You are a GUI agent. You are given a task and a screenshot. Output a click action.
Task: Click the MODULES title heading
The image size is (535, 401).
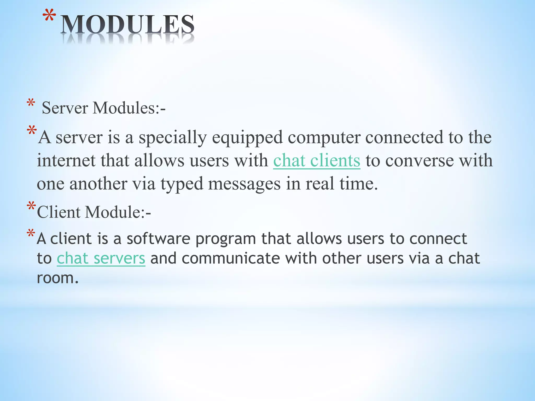point(127,25)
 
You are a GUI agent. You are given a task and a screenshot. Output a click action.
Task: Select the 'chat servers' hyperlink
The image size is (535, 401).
point(101,258)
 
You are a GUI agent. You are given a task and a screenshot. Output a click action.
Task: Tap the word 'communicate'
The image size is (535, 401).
point(231,258)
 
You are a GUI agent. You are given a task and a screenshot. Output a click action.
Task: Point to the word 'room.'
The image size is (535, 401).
point(57,278)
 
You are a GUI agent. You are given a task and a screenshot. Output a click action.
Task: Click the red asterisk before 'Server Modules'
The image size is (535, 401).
point(31,103)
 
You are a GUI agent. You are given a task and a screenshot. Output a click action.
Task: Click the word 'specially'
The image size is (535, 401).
point(172,138)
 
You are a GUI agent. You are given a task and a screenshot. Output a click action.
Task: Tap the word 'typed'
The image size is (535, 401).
point(182,184)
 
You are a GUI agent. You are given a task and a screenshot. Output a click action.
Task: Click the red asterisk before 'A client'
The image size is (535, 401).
point(31,233)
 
